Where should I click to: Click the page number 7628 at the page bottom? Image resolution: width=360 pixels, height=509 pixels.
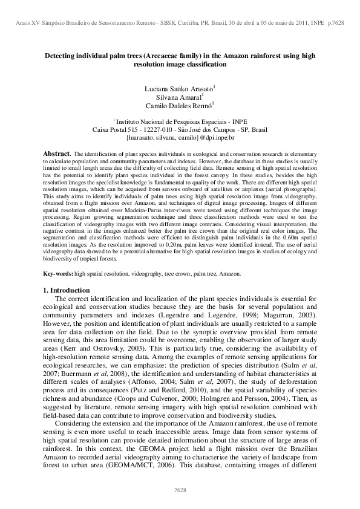(180, 488)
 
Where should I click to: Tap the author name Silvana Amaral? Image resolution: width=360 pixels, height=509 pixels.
(180, 96)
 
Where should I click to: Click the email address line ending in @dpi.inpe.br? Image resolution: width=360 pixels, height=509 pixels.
(179, 137)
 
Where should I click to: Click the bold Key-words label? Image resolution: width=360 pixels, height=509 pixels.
(59, 274)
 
